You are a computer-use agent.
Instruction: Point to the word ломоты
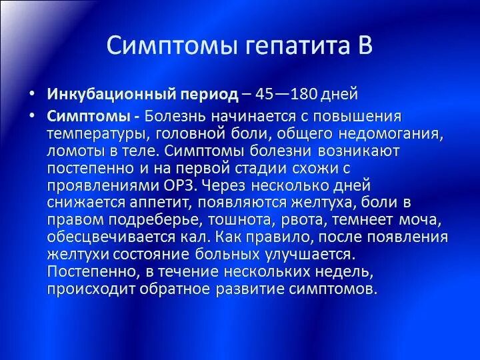click(x=71, y=150)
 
